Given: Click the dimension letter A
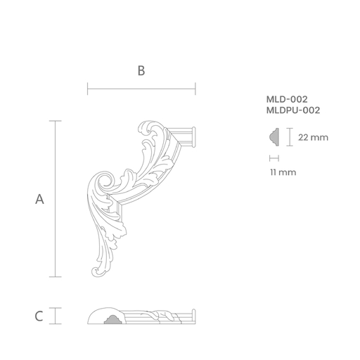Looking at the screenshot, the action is pyautogui.click(x=39, y=199).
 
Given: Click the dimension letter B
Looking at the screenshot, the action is pyautogui.click(x=141, y=70).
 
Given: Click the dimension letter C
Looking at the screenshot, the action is pyautogui.click(x=39, y=316).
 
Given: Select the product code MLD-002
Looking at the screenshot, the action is pyautogui.click(x=287, y=99).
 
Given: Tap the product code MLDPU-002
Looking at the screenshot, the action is pyautogui.click(x=293, y=110).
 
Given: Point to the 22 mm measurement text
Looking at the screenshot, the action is pyautogui.click(x=313, y=137).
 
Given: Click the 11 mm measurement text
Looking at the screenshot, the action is pyautogui.click(x=283, y=172).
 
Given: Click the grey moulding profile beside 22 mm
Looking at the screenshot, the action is pyautogui.click(x=274, y=137).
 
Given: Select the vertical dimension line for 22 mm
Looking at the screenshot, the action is pyautogui.click(x=290, y=137).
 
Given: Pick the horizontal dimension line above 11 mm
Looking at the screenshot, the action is pyautogui.click(x=274, y=158).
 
